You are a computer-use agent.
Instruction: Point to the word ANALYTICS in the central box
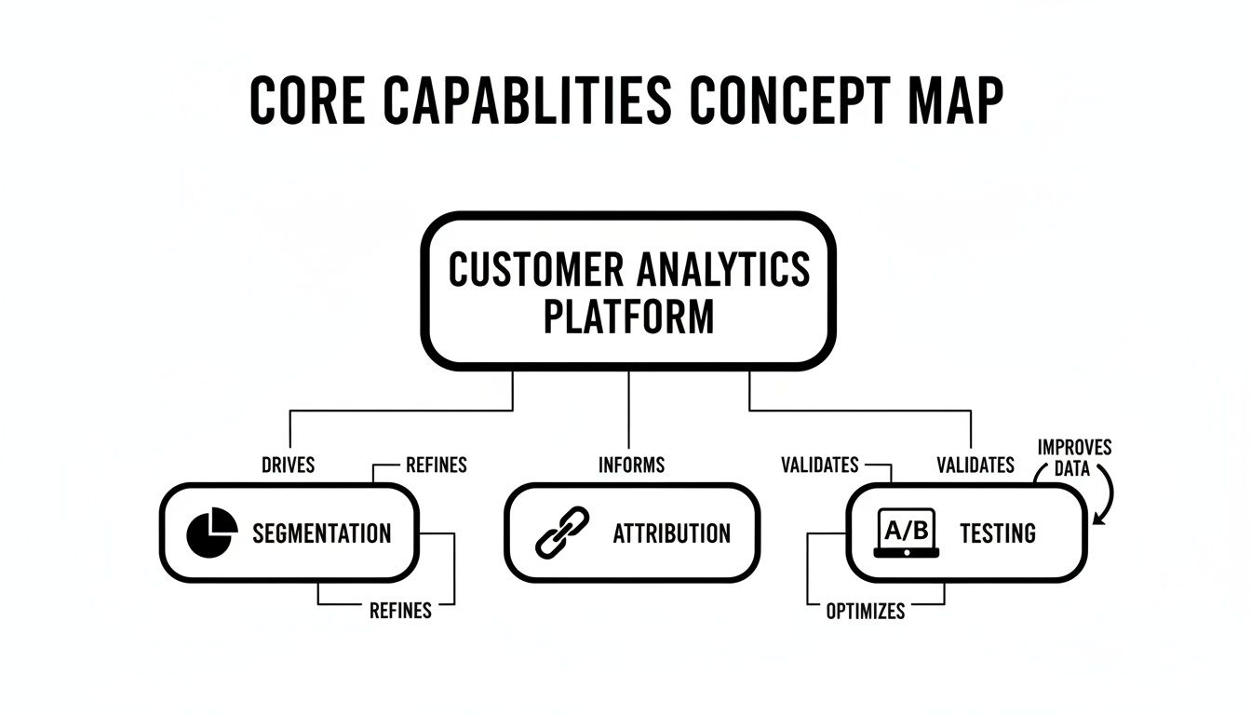click(x=723, y=270)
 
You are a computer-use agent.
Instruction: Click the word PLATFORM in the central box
click(x=628, y=317)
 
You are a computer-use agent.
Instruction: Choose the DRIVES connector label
click(x=289, y=464)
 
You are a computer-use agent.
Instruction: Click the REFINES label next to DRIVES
click(x=437, y=464)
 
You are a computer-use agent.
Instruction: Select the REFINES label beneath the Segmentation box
click(x=400, y=611)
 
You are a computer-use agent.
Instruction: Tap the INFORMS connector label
click(x=631, y=464)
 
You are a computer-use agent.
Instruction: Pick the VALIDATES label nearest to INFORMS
click(x=820, y=464)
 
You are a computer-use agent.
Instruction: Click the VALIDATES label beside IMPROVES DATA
click(x=975, y=464)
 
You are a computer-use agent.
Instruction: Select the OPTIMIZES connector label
click(x=866, y=611)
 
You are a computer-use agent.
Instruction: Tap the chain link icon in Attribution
click(x=563, y=533)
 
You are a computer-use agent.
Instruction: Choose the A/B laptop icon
click(x=907, y=533)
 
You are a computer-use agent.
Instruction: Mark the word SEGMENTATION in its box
click(x=322, y=533)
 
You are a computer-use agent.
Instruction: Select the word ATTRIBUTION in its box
click(x=671, y=533)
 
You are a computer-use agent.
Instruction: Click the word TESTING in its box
click(x=998, y=533)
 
